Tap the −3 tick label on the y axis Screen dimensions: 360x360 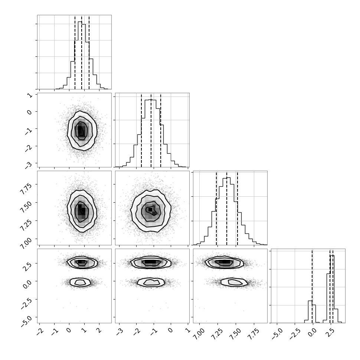tap(29, 165)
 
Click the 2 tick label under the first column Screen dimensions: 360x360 tap(99, 330)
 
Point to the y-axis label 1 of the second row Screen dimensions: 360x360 tap(30, 95)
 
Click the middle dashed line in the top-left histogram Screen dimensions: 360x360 tap(82, 52)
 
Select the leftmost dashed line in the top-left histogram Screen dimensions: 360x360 tap(75, 52)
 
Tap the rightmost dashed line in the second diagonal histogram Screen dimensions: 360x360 tap(161, 130)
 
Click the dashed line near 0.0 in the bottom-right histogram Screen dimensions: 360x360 tap(312, 286)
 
